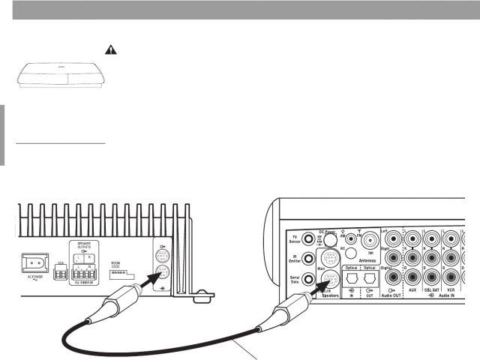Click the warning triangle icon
[111, 49]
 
